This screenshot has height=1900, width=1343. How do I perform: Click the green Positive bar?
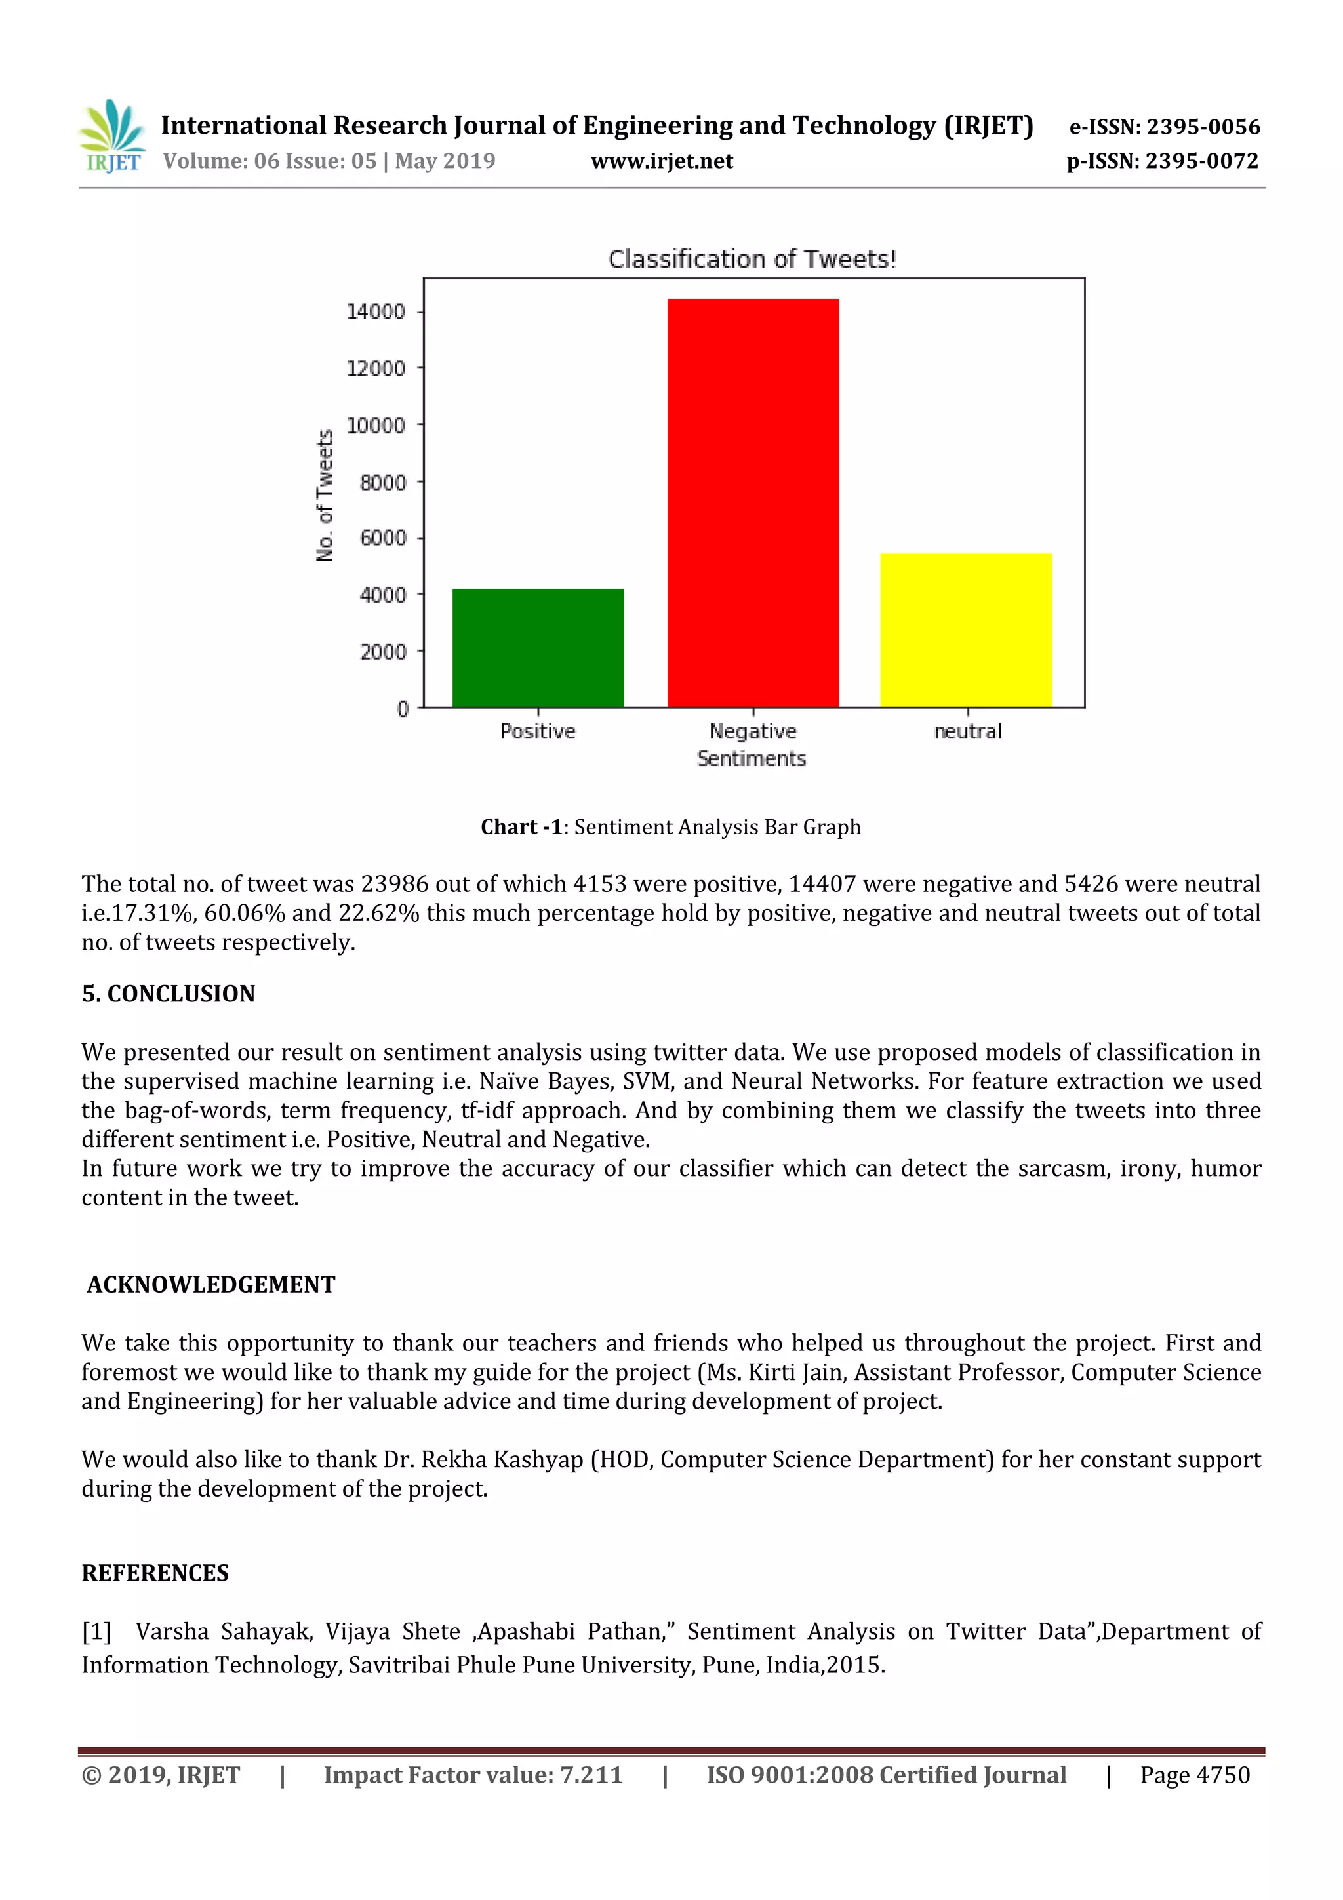click(538, 648)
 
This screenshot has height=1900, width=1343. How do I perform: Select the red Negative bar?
click(753, 503)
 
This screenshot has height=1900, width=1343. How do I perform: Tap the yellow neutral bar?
click(966, 630)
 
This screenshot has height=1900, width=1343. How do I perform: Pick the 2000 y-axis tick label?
click(383, 652)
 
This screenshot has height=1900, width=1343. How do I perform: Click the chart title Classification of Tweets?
click(752, 259)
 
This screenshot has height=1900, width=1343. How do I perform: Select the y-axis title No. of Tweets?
click(325, 495)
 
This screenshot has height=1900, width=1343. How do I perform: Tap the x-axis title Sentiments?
click(752, 759)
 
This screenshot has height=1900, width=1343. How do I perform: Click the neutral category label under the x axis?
click(967, 731)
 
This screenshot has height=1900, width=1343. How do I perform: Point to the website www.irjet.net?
click(662, 161)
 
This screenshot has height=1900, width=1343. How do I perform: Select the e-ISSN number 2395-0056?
click(1202, 127)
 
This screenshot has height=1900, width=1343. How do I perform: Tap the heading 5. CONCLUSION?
click(169, 994)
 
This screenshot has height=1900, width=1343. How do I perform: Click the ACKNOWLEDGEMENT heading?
click(211, 1284)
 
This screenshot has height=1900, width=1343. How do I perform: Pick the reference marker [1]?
click(96, 1632)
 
